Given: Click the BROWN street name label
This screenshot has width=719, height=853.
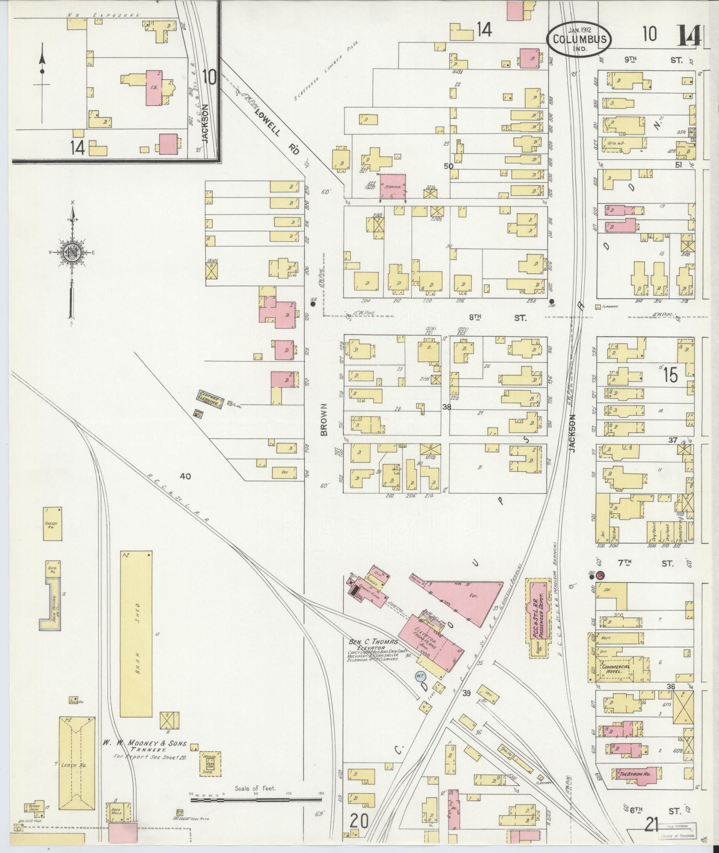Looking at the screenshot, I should (324, 419).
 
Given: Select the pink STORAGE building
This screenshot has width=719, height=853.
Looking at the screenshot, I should (393, 186).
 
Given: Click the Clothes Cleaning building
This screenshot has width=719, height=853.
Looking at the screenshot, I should (210, 399).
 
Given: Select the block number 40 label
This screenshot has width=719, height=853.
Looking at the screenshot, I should (185, 476).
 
